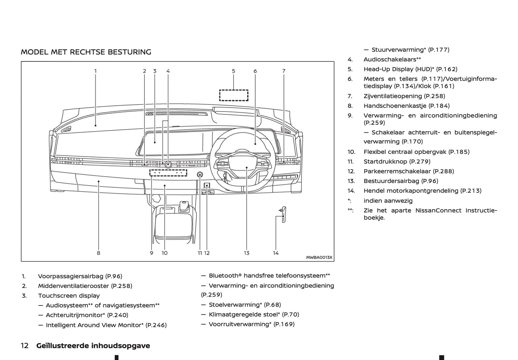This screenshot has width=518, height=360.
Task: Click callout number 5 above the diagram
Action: tap(233, 71)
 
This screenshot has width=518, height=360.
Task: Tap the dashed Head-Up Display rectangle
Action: tap(234, 95)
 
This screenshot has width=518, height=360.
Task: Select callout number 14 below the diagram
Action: tap(276, 253)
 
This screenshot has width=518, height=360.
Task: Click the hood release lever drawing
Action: tap(283, 212)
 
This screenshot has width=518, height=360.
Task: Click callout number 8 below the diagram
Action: tap(99, 253)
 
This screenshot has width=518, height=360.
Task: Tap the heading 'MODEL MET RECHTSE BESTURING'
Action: tap(86, 52)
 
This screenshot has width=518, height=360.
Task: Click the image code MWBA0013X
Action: tap(319, 257)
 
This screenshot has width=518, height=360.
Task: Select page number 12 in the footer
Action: tap(25, 346)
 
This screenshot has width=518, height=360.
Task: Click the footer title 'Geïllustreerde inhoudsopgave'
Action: tap(93, 346)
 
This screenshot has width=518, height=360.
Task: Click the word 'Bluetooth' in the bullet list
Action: tap(223, 275)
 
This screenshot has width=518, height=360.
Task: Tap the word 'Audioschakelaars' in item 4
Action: tap(390, 60)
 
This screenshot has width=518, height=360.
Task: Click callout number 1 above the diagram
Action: tap(95, 71)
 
